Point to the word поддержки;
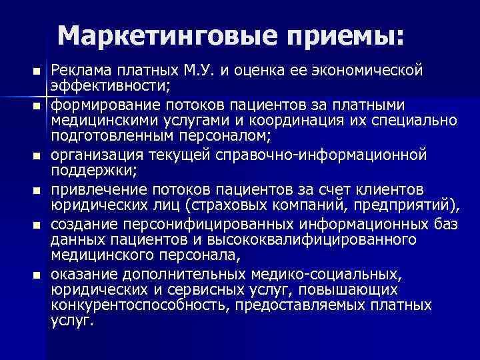(x=93, y=171)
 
